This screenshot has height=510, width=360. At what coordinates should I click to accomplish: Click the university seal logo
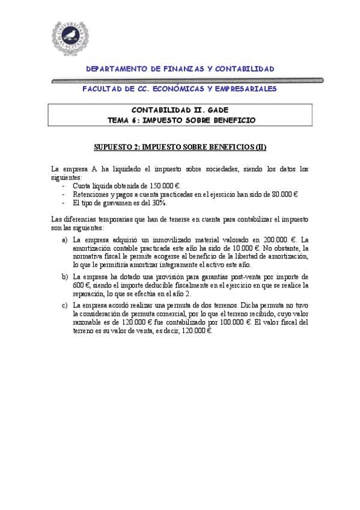coord(72,38)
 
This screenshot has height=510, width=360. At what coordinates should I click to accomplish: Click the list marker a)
coord(65,239)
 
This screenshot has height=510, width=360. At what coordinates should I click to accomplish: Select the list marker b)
coord(65,276)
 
